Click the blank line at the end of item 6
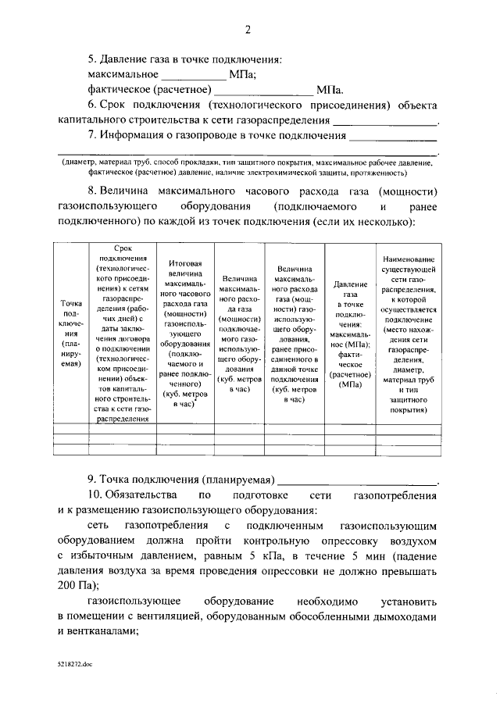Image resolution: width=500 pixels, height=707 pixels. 385,123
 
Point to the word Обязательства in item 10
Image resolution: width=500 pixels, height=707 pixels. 142,496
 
